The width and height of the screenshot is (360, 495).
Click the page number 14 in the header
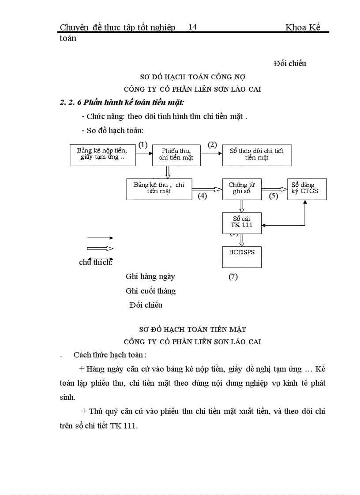click(192, 27)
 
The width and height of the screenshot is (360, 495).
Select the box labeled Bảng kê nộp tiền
click(103, 155)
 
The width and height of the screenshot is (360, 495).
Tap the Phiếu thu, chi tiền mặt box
click(176, 155)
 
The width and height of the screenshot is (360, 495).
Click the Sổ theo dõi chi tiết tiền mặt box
click(257, 155)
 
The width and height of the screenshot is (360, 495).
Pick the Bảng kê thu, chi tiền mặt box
click(159, 189)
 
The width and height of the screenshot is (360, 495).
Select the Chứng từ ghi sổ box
click(242, 189)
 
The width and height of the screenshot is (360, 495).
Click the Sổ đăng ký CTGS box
click(307, 189)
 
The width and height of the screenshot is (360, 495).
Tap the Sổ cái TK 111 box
click(242, 223)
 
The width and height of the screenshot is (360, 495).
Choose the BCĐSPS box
click(242, 257)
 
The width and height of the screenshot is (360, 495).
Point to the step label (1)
click(142, 145)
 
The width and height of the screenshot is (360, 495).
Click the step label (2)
click(212, 145)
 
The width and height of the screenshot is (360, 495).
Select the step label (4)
click(202, 196)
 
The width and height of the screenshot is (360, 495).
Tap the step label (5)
click(274, 196)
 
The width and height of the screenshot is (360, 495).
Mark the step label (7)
click(233, 277)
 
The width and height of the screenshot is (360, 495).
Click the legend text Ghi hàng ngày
click(150, 277)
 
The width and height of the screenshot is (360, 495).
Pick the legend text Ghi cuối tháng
click(150, 291)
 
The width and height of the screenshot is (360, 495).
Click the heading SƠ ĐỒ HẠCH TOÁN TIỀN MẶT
click(192, 329)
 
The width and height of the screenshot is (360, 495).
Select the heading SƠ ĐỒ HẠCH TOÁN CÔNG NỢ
click(192, 76)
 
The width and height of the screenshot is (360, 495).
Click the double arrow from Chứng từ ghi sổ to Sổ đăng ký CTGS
click(274, 188)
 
